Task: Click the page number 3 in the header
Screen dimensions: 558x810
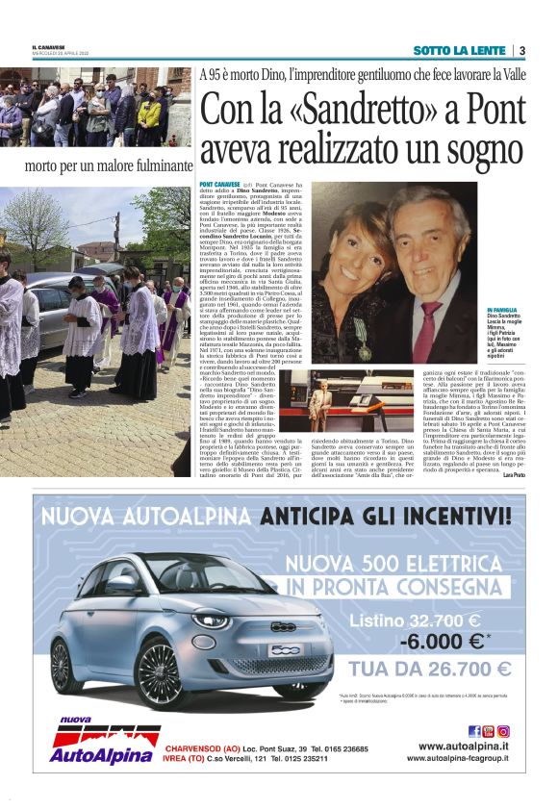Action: pyautogui.click(x=522, y=50)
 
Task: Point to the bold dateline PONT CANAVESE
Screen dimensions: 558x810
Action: pyautogui.click(x=219, y=183)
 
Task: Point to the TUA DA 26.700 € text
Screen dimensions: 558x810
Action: pyautogui.click(x=429, y=669)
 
